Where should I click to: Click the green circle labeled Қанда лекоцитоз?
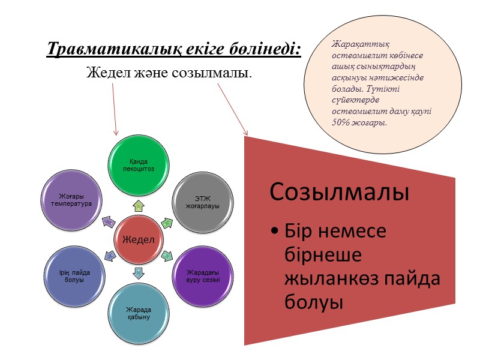tap(139, 166)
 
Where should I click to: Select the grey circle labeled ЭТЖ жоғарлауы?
tap(203, 202)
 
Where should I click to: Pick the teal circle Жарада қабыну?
tap(139, 312)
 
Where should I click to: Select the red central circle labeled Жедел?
tap(139, 239)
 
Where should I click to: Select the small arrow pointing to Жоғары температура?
tap(110, 222)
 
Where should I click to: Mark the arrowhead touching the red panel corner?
tap(244, 131)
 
